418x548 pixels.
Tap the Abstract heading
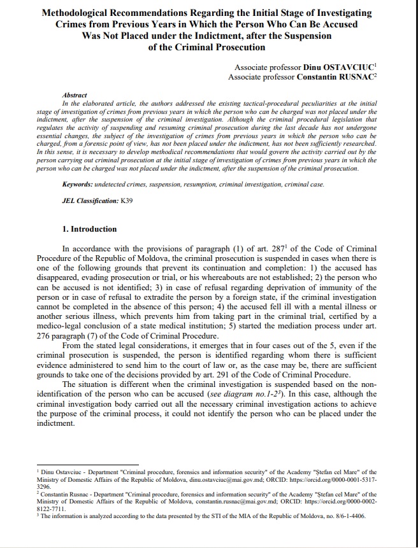75,94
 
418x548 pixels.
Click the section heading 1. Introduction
89,228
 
